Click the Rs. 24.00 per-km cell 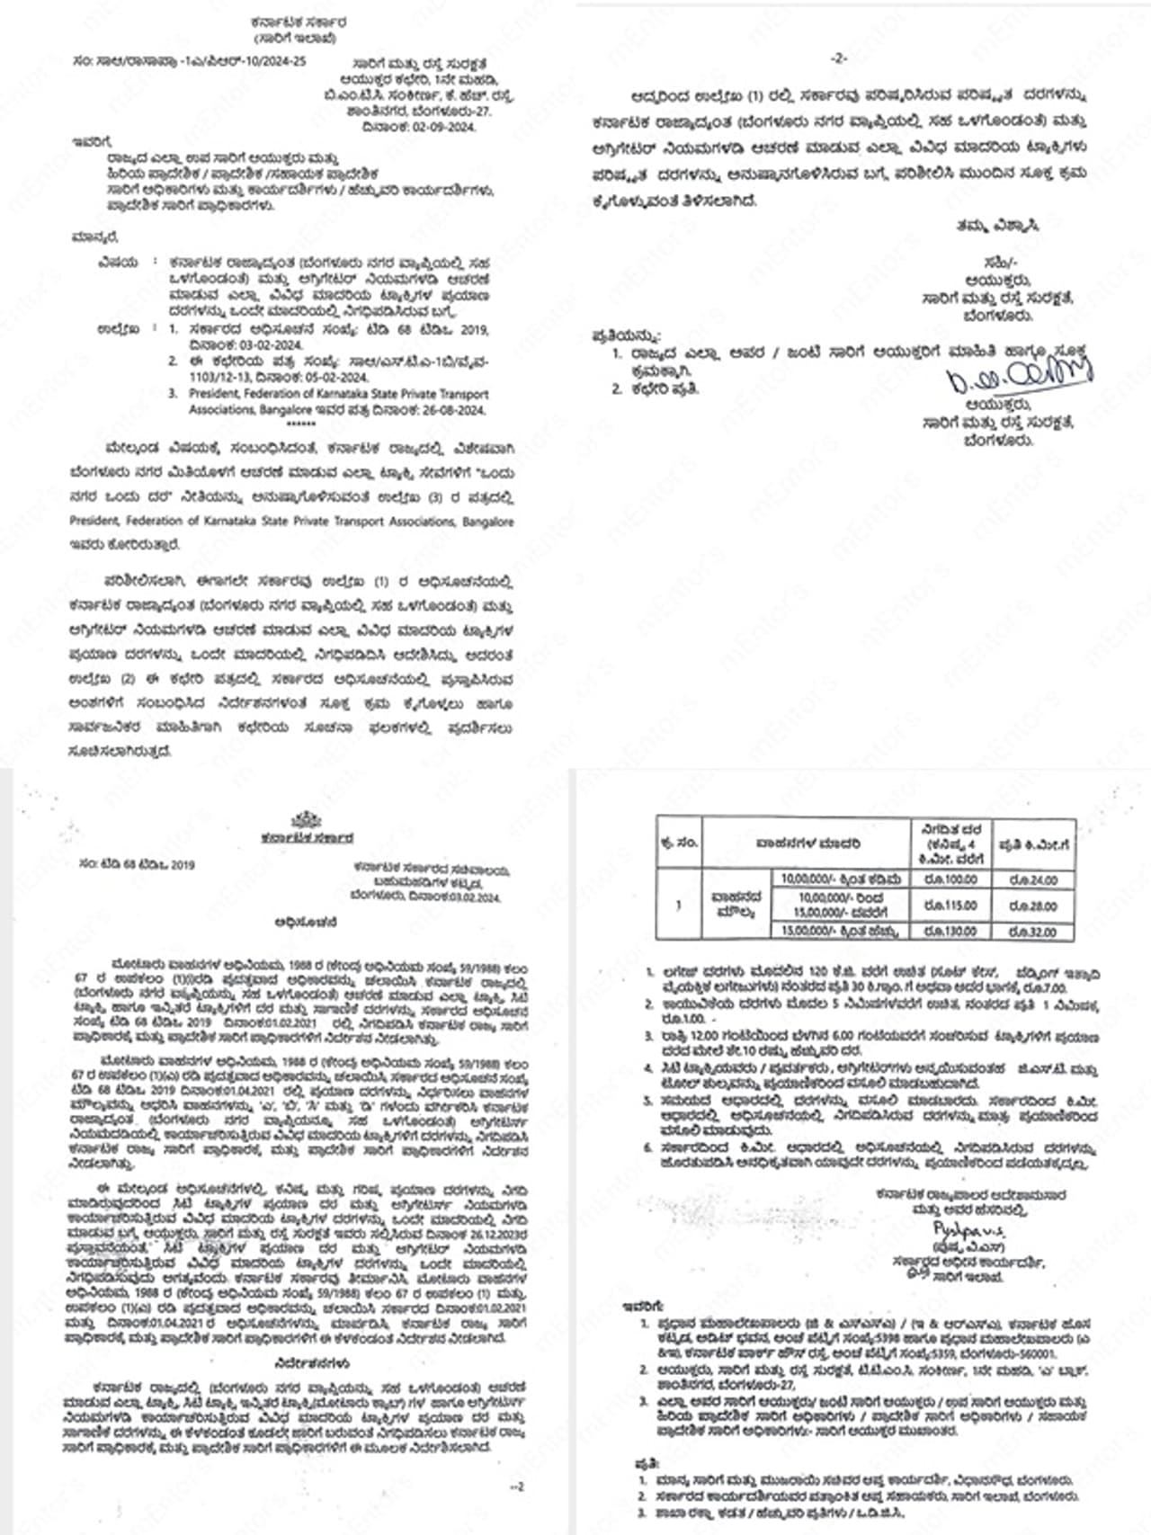(1032, 880)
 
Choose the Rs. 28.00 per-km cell (1032, 906)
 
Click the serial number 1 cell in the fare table (679, 905)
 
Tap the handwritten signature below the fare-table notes (968, 1228)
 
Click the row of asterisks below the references (301, 424)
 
